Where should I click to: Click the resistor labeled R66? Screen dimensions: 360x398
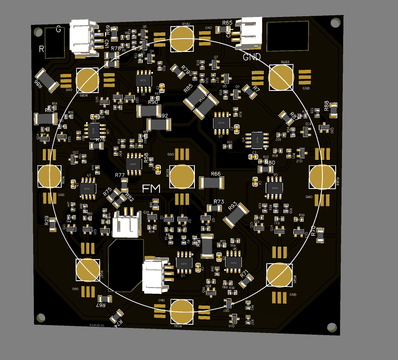click(211, 182)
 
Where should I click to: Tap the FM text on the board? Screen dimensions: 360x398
click(151, 189)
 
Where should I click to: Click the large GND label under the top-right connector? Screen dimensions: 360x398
click(252, 56)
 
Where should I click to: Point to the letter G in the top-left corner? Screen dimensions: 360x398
click(59, 29)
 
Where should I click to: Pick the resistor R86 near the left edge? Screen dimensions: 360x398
click(47, 80)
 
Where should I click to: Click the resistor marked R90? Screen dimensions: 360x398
click(149, 110)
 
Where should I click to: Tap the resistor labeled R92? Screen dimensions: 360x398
click(159, 124)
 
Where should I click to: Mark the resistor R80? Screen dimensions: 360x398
click(266, 169)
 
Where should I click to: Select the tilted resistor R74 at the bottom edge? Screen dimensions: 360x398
click(118, 316)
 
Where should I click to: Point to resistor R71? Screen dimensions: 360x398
click(246, 281)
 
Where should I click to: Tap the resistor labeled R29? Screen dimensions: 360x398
click(53, 224)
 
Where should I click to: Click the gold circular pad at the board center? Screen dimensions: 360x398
click(182, 176)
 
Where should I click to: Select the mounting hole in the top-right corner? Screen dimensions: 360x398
click(334, 23)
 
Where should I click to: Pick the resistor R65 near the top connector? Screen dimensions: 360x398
click(223, 29)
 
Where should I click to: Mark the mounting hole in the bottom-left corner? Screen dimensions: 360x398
click(41, 318)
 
